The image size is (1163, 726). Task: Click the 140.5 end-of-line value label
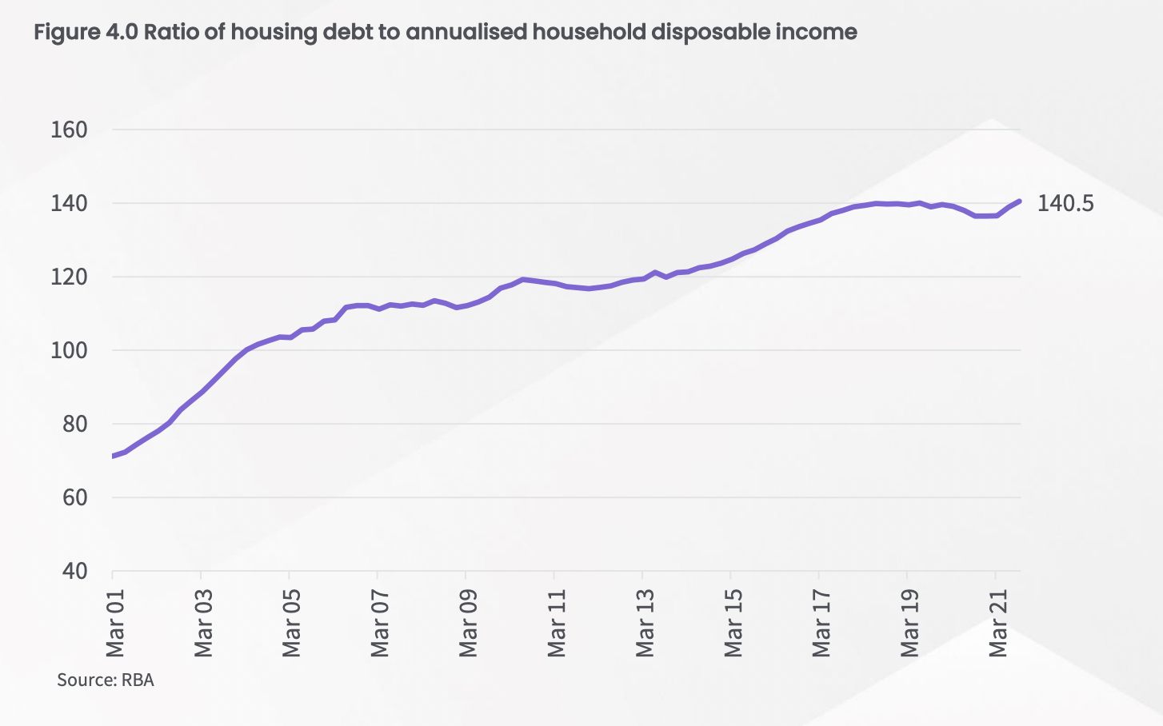pyautogui.click(x=1065, y=203)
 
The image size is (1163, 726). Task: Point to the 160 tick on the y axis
pyautogui.click(x=69, y=130)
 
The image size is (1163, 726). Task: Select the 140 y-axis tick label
pyautogui.click(x=69, y=203)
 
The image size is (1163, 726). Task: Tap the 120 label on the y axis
pyautogui.click(x=69, y=277)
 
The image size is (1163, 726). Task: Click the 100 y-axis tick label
pyautogui.click(x=69, y=350)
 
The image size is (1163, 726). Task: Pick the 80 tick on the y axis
pyautogui.click(x=74, y=424)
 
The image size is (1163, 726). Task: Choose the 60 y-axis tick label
pyautogui.click(x=74, y=497)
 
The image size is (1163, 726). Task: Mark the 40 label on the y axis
pyautogui.click(x=74, y=571)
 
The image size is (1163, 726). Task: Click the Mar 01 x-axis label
pyautogui.click(x=115, y=623)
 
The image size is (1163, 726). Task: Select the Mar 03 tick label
pyautogui.click(x=203, y=623)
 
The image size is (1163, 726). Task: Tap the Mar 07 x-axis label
pyautogui.click(x=380, y=623)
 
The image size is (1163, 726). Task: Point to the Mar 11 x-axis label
pyautogui.click(x=557, y=623)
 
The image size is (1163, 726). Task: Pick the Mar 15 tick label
pyautogui.click(x=733, y=623)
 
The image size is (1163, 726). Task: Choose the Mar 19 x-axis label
pyautogui.click(x=909, y=623)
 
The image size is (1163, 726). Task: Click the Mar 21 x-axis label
pyautogui.click(x=997, y=623)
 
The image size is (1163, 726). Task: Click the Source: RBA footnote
pyautogui.click(x=105, y=680)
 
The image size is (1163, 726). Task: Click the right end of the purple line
pyautogui.click(x=1019, y=201)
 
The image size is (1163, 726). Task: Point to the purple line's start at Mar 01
pyautogui.click(x=114, y=456)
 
